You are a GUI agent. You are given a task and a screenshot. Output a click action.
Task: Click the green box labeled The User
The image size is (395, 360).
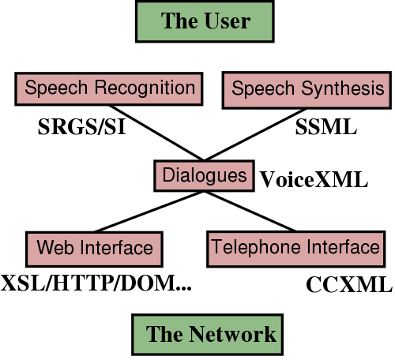(x=205, y=21)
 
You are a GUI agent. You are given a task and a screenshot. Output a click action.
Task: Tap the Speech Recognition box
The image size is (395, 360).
(x=109, y=88)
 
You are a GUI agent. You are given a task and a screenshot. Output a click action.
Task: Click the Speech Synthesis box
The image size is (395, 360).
(x=308, y=88)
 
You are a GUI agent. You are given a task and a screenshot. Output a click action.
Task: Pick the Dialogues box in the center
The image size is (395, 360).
(x=204, y=174)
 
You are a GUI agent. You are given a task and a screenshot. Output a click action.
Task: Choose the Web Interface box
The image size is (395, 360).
(x=95, y=248)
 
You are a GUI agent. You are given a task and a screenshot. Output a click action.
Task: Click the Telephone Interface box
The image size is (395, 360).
(x=295, y=248)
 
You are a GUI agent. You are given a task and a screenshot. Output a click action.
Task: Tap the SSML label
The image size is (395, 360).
(x=326, y=126)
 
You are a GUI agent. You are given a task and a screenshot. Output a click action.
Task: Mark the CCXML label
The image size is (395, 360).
(x=348, y=284)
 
